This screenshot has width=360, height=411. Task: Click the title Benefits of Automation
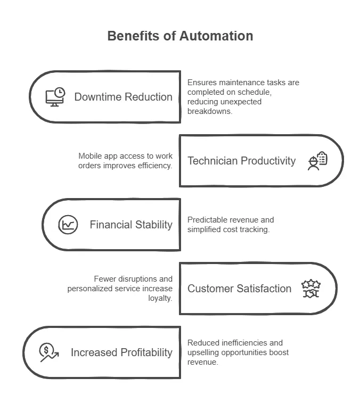pyautogui.click(x=180, y=36)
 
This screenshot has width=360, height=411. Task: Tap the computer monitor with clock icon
pyautogui.click(x=55, y=97)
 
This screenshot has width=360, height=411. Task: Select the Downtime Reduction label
pyautogui.click(x=123, y=97)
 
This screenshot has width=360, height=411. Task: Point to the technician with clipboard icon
pyautogui.click(x=317, y=161)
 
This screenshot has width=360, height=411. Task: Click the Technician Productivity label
pyautogui.click(x=241, y=161)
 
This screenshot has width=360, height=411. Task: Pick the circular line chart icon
pyautogui.click(x=68, y=225)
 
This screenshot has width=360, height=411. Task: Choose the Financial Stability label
pyautogui.click(x=131, y=225)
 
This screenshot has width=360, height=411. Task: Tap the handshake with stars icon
pyautogui.click(x=311, y=289)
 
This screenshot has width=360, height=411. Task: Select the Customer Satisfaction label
pyautogui.click(x=239, y=289)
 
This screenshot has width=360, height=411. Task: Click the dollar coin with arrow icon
pyautogui.click(x=48, y=352)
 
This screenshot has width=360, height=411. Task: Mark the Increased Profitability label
pyautogui.click(x=121, y=352)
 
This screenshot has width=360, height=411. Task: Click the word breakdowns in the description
pyautogui.click(x=210, y=111)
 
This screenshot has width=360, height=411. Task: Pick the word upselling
pyautogui.click(x=204, y=352)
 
